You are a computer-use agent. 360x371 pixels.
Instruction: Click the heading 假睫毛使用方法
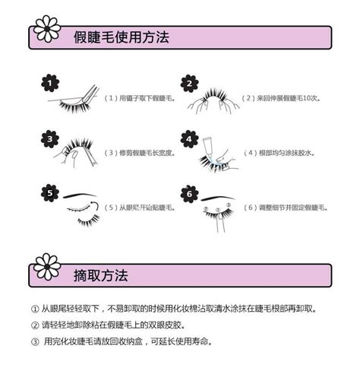point(122,36)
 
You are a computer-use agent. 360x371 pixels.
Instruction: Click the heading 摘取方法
point(101,274)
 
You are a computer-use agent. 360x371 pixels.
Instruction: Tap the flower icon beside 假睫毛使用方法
point(48,28)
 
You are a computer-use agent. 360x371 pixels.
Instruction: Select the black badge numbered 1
point(49,82)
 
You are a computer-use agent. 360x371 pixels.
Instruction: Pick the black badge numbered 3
point(49,138)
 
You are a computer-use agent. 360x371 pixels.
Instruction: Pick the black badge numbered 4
point(189,139)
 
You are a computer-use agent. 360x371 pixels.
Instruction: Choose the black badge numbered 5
point(49,193)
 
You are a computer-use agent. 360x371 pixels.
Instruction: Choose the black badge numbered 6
point(189,193)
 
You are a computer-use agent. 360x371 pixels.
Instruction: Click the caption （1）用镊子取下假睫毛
point(139,99)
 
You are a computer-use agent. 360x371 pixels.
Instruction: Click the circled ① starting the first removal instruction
point(34,309)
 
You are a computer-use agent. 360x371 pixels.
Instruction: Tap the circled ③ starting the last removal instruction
point(34,341)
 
